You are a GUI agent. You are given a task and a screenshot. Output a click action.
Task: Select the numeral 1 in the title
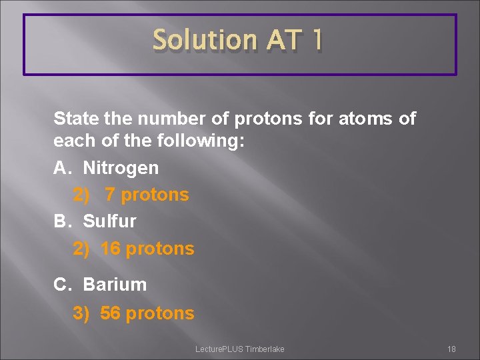pos(317,41)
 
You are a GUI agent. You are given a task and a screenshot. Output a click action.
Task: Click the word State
pos(75,119)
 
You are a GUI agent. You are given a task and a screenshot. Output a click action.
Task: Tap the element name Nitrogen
pos(121,167)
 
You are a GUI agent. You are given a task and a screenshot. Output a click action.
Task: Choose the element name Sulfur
pos(109,221)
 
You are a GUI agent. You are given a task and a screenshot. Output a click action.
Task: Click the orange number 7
pos(110,195)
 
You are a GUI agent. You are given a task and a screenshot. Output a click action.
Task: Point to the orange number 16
pos(111,249)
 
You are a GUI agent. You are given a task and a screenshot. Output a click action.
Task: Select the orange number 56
pos(111,313)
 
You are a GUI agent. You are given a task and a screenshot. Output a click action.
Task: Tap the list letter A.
pos(61,167)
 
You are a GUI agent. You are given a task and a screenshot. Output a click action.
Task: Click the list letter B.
pos(61,221)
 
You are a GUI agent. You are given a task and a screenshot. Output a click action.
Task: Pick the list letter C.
pos(62,284)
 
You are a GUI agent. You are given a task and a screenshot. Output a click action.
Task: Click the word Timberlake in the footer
pos(265,349)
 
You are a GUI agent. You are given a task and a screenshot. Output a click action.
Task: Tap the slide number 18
pos(451,349)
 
